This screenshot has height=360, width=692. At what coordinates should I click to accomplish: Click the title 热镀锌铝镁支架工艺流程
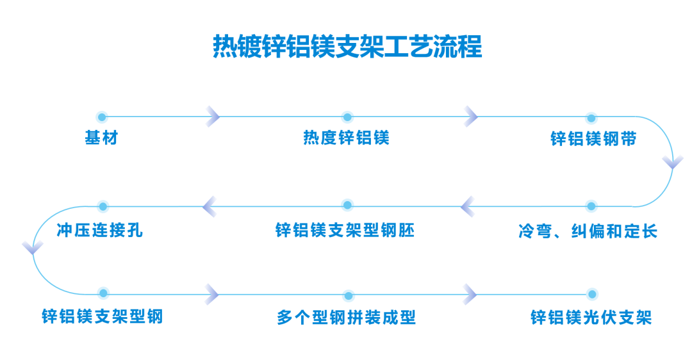(347, 46)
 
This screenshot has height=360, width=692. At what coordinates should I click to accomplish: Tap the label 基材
(101, 138)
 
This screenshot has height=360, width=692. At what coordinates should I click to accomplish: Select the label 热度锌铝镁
(347, 138)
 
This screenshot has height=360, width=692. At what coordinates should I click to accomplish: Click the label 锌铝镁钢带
(593, 139)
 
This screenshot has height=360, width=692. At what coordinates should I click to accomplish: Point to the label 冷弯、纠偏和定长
(588, 231)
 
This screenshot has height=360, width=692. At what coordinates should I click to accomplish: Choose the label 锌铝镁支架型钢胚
(345, 230)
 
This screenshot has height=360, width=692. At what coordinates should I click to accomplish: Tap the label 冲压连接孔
(100, 230)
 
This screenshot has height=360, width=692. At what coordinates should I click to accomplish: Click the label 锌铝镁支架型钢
(103, 316)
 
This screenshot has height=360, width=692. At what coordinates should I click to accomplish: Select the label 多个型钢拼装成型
(347, 317)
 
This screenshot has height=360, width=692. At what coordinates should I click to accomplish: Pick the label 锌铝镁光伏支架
(591, 317)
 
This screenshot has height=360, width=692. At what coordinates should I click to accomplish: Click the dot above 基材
(102, 117)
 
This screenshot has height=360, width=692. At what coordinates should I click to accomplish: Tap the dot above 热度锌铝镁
(347, 117)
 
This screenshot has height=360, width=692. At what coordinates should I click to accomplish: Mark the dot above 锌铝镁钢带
(591, 118)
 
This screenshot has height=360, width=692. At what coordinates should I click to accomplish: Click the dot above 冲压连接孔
(103, 206)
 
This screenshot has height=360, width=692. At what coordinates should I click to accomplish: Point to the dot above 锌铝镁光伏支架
(592, 294)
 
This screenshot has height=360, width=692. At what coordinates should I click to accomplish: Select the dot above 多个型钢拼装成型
(349, 295)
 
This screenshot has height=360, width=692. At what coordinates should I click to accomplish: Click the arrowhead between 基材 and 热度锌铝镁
(213, 117)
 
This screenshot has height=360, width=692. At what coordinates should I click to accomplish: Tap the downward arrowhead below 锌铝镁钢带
(673, 162)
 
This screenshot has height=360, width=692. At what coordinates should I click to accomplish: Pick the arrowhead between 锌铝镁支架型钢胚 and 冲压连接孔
(209, 206)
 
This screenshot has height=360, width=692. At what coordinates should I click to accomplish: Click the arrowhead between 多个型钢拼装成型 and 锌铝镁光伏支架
(470, 294)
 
